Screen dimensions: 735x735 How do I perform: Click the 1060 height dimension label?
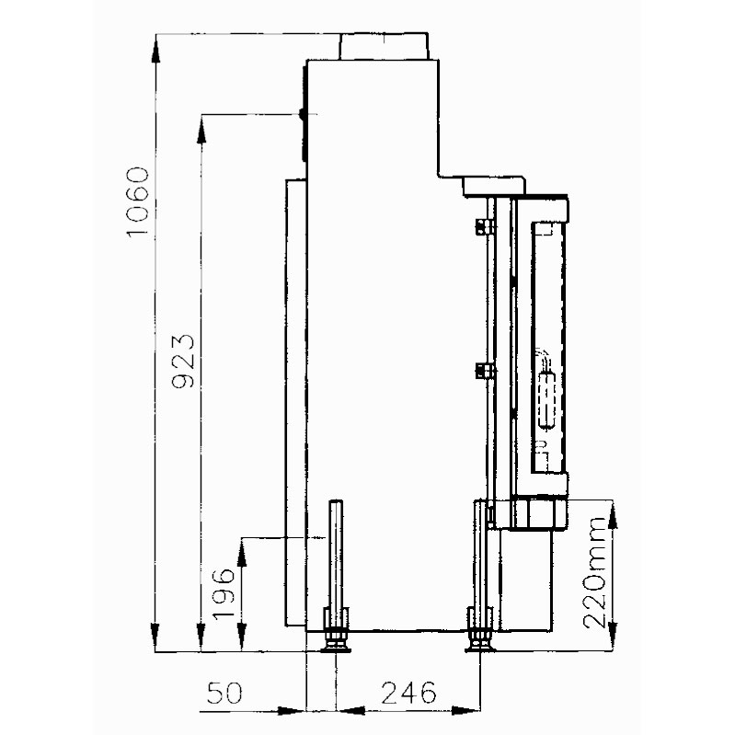(138, 202)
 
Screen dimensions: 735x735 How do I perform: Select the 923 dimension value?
(183, 361)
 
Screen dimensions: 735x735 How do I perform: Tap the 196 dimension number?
(224, 593)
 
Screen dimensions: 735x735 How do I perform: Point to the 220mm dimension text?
(594, 572)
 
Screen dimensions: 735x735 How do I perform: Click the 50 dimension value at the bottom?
(225, 693)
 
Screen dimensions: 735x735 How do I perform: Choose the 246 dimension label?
(408, 693)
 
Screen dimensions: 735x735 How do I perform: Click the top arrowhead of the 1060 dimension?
(155, 49)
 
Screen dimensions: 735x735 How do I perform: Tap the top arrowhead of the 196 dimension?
(242, 552)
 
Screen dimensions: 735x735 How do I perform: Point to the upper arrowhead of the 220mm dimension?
(613, 515)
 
